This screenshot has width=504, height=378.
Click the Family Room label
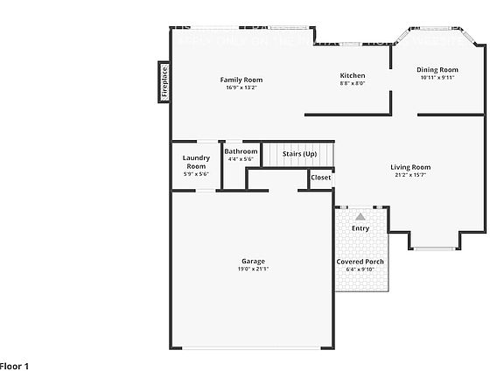[241, 80]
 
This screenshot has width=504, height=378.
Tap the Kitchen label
[353, 76]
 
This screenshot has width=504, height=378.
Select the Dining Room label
[437, 70]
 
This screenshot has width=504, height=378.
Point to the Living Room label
[410, 167]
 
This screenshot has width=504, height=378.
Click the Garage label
[254, 262]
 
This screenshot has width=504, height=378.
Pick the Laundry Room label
[196, 162]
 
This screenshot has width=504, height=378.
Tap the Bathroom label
[241, 151]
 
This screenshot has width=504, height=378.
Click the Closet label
[321, 178]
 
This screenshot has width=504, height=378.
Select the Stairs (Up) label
[299, 154]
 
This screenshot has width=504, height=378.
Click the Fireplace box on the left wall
[164, 81]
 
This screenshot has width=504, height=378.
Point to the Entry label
[360, 228]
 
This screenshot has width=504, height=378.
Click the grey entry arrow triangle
[360, 214]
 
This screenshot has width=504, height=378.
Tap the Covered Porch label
[360, 262]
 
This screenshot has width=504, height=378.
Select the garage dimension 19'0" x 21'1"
[254, 269]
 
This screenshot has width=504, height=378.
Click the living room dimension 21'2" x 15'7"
[410, 175]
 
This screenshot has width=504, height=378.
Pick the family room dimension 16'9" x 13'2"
[241, 87]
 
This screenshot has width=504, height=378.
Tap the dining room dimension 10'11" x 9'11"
[437, 78]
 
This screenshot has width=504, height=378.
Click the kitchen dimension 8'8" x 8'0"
[353, 84]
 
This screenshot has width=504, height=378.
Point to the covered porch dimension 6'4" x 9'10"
[360, 269]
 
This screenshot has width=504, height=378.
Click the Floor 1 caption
[15, 366]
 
